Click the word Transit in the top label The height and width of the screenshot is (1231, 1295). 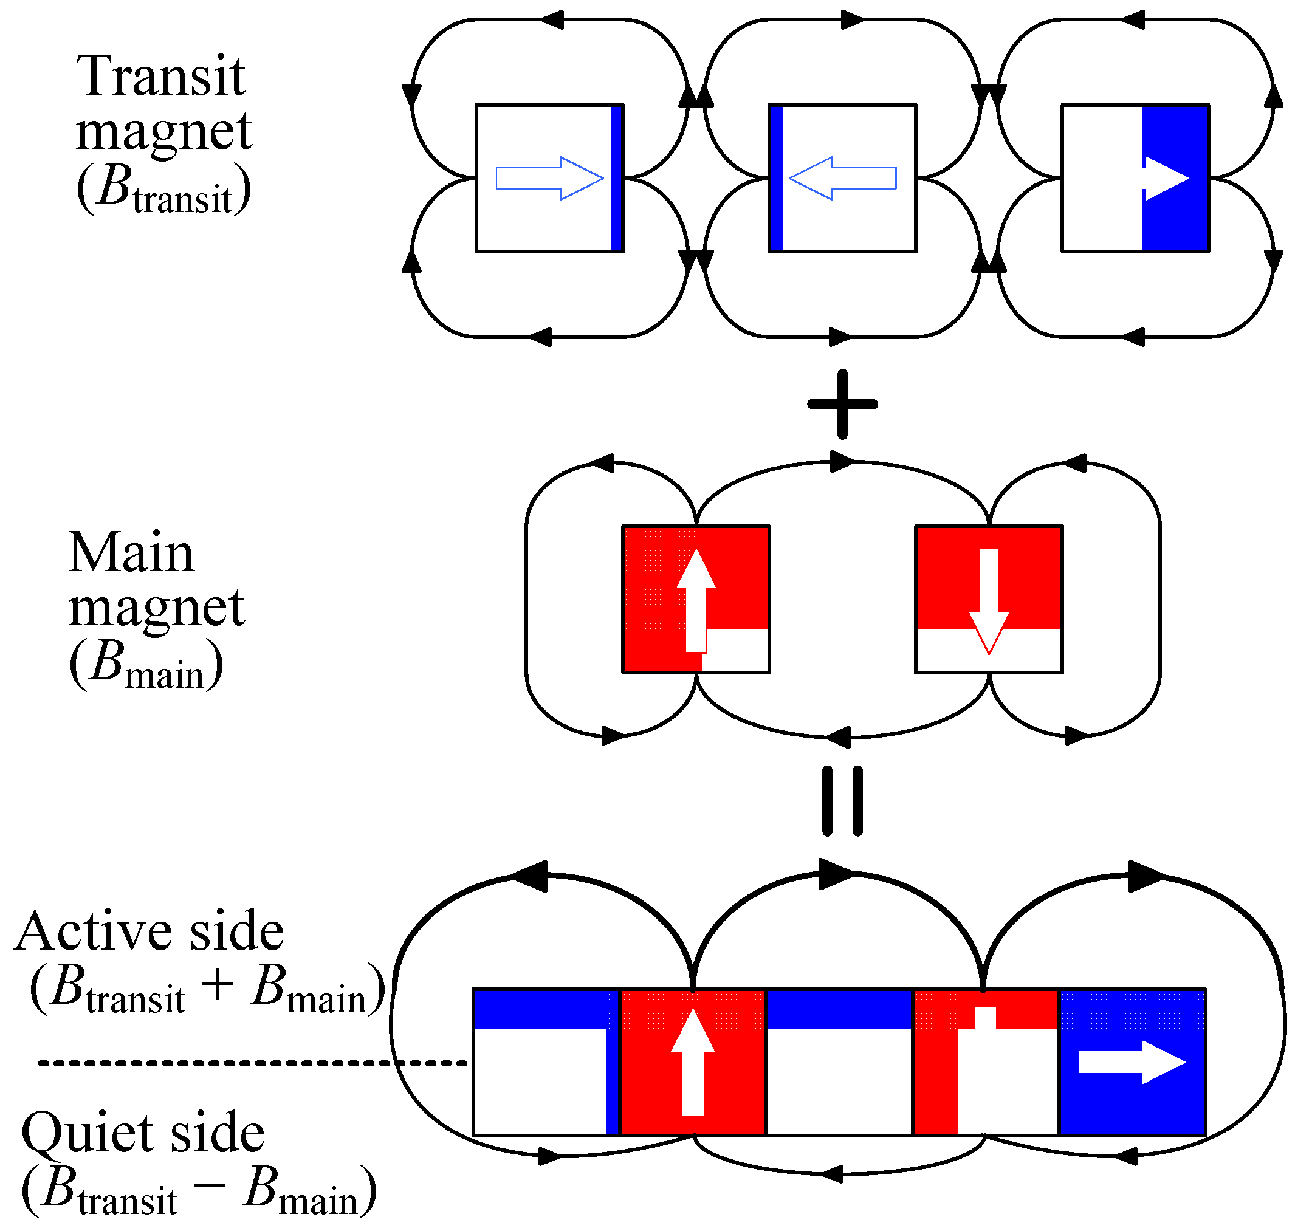pyautogui.click(x=161, y=76)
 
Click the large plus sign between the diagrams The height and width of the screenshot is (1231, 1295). pyautogui.click(x=842, y=404)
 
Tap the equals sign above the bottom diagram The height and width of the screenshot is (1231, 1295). pyautogui.click(x=842, y=801)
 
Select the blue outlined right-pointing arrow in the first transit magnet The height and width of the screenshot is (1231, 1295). pyautogui.click(x=549, y=178)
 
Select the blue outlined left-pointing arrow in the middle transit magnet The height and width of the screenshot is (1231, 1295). pyautogui.click(x=842, y=178)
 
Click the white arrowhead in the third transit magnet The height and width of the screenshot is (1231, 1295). pyautogui.click(x=1166, y=178)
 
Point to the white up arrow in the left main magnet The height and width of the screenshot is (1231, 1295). pyautogui.click(x=695, y=600)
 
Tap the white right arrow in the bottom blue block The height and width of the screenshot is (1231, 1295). pyautogui.click(x=1131, y=1062)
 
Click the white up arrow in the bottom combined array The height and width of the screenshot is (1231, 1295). pyautogui.click(x=692, y=1061)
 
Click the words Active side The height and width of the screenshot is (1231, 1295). pyautogui.click(x=149, y=932)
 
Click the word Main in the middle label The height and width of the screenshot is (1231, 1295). pyautogui.click(x=131, y=553)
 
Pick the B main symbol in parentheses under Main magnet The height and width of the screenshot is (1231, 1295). pyautogui.click(x=146, y=665)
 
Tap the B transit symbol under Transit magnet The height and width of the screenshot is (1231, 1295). pyautogui.click(x=164, y=189)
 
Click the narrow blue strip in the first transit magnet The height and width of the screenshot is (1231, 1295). pyautogui.click(x=616, y=178)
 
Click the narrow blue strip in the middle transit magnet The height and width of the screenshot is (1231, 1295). pyautogui.click(x=776, y=178)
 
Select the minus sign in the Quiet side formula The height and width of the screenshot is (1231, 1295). pyautogui.click(x=210, y=1184)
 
